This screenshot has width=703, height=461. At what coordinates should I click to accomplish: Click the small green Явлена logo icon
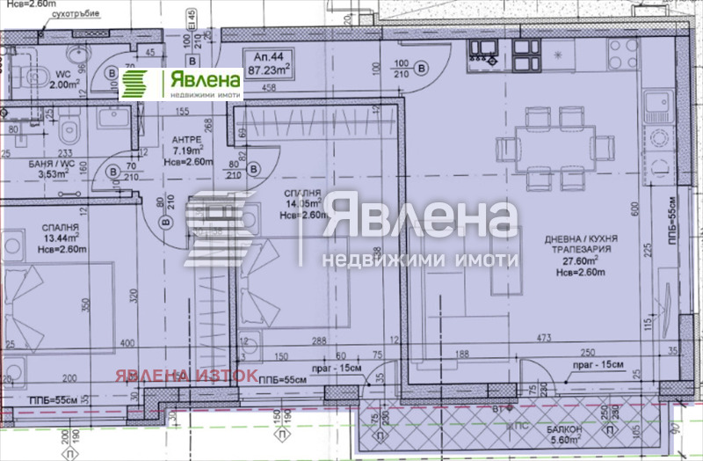click(x=134, y=84)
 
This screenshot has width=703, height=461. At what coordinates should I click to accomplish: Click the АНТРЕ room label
click(x=188, y=140)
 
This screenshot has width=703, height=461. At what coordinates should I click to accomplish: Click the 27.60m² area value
click(x=580, y=260)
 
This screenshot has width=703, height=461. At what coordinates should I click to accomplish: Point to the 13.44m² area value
click(x=60, y=237)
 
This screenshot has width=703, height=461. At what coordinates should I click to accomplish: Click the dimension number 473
click(x=545, y=338)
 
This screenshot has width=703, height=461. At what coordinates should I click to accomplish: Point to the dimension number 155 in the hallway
click(x=182, y=111)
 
